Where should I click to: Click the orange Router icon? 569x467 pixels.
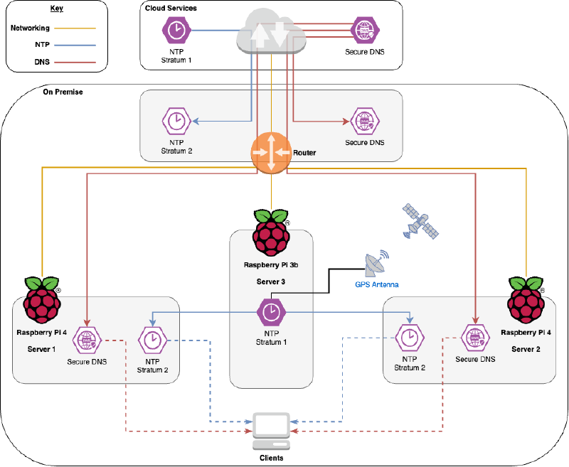pos(271,152)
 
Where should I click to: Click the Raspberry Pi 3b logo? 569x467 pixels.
pos(271,232)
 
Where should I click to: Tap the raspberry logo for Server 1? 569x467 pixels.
pos(43,300)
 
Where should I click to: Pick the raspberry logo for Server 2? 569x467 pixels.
pos(526,300)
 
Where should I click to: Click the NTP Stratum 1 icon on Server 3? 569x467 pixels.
pos(270,311)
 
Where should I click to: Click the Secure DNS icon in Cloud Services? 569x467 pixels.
pos(364,31)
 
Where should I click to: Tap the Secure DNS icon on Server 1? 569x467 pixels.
pos(87,340)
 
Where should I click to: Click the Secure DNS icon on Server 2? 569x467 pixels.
pos(474,338)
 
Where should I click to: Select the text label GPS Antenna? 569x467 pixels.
pos(377,284)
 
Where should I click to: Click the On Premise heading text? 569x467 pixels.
pos(63,92)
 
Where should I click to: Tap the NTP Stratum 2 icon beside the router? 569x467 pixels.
pos(175,122)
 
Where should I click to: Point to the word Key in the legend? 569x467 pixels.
pos(57,9)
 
